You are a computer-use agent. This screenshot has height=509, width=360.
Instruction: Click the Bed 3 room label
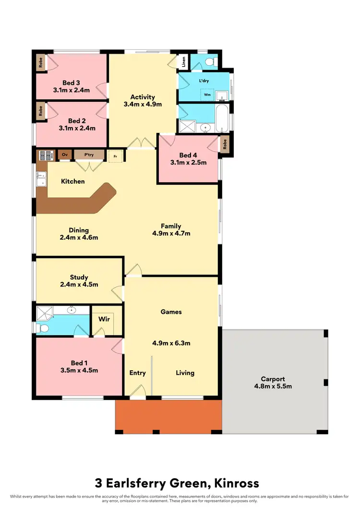71,82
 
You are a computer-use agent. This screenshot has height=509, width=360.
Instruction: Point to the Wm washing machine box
207,95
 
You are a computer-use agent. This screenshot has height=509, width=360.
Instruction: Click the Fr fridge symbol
115,156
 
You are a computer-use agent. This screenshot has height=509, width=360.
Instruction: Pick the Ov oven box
65,154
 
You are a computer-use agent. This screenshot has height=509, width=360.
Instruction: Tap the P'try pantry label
89,154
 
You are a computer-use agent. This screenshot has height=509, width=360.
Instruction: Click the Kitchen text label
73,181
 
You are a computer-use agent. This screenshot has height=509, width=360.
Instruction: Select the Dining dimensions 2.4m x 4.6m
79,237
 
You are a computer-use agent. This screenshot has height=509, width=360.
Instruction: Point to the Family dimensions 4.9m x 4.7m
171,234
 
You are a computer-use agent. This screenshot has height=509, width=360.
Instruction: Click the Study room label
79,277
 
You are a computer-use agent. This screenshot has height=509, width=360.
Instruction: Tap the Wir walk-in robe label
104,319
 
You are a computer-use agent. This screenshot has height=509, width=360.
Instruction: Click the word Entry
138,373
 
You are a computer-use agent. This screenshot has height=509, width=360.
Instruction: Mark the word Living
185,373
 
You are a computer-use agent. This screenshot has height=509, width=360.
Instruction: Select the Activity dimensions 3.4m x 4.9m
143,104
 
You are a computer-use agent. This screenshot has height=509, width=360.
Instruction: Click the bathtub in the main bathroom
222,118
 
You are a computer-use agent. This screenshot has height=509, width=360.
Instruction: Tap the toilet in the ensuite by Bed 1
44,329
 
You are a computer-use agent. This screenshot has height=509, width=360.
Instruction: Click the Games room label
171,312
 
